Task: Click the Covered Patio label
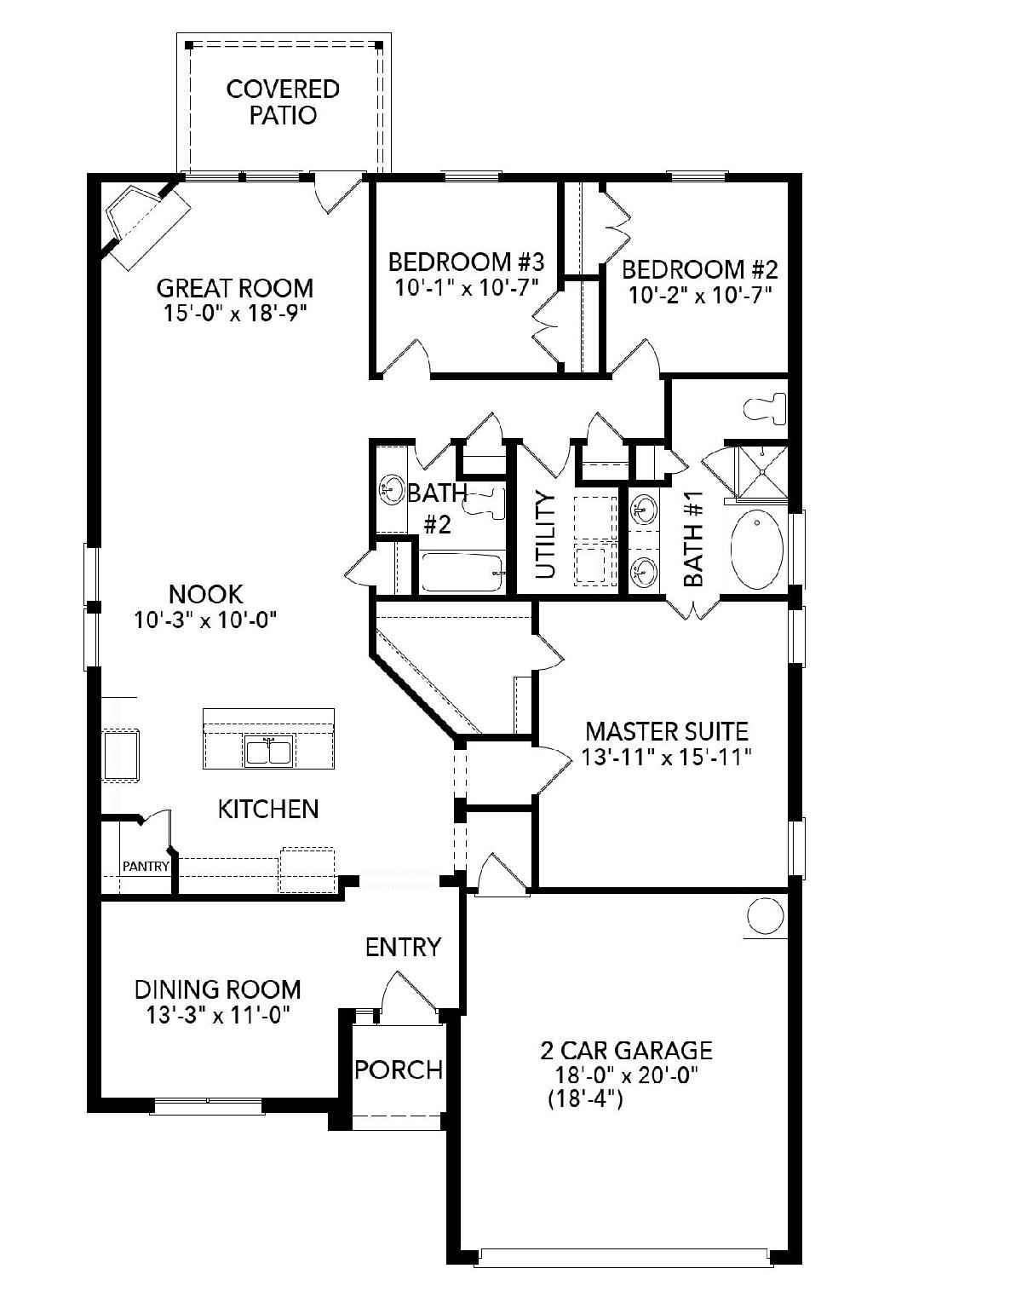click(x=283, y=102)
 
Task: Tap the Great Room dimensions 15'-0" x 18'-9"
click(x=235, y=314)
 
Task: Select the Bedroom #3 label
click(x=466, y=262)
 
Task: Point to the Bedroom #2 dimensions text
click(x=699, y=295)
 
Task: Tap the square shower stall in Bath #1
click(x=761, y=472)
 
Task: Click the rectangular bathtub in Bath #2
click(x=461, y=572)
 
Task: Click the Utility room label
click(x=545, y=535)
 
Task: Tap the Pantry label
click(x=146, y=866)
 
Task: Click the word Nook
click(x=206, y=595)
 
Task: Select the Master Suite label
click(x=667, y=732)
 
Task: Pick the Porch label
click(x=399, y=1069)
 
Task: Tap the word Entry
click(x=403, y=948)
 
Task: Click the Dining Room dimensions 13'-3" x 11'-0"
click(x=218, y=1016)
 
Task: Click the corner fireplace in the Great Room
click(x=144, y=219)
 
